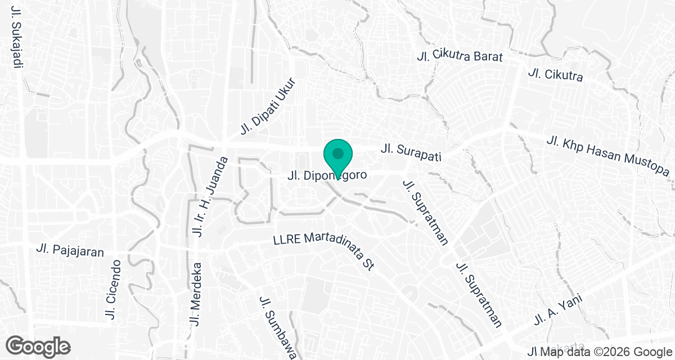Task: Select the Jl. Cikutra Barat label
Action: pyautogui.click(x=459, y=56)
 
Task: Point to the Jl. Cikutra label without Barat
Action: pyautogui.click(x=555, y=75)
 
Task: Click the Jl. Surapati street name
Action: pyautogui.click(x=409, y=150)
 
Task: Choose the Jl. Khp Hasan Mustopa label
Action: pyautogui.click(x=609, y=155)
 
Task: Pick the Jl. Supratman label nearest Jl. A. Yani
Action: pyautogui.click(x=479, y=294)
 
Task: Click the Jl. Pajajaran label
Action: pyautogui.click(x=70, y=250)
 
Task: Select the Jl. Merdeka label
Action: pyautogui.click(x=196, y=294)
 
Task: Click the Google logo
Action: pyautogui.click(x=38, y=345)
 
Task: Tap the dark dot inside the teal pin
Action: pyautogui.click(x=337, y=153)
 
